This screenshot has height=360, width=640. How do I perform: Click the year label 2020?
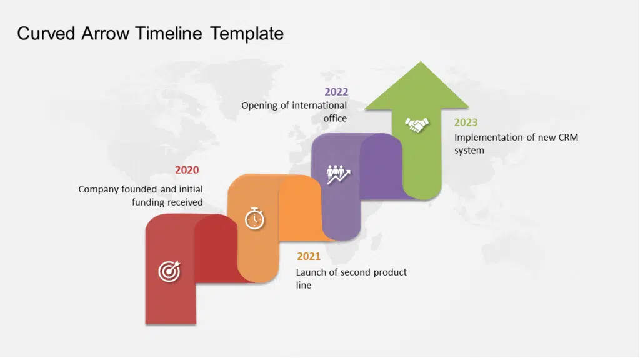187,170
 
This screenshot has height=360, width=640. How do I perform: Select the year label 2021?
309,256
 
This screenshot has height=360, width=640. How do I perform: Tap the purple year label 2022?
336,92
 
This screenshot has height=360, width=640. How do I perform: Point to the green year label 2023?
466,122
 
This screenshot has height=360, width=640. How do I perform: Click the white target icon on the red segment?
169,271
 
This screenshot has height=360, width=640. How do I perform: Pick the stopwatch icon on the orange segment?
254,219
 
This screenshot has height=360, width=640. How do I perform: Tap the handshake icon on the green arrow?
416,125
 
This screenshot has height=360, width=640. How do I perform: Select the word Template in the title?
247,33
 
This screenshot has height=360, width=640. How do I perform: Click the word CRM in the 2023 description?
566,137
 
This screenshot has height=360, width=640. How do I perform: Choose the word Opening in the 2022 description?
259,106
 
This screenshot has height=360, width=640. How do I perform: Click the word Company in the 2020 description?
99,189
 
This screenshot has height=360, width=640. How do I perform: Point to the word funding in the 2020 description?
148,202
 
